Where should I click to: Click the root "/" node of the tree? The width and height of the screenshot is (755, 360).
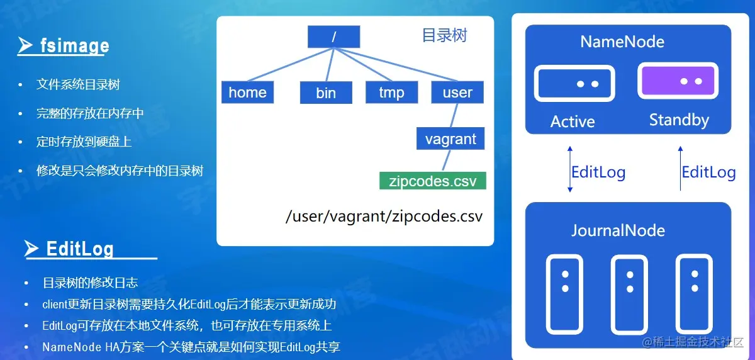[x=333, y=37]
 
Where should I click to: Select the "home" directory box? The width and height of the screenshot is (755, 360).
[x=248, y=93]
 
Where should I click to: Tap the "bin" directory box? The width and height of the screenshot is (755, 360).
[x=326, y=93]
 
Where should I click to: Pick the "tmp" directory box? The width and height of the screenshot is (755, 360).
[x=391, y=93]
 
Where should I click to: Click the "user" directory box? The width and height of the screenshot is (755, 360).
[x=457, y=93]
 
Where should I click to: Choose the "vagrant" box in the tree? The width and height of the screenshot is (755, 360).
[x=450, y=138]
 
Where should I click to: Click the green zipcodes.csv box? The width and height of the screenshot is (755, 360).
[x=433, y=181]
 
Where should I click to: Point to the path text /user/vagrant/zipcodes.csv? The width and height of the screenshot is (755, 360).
[x=384, y=217]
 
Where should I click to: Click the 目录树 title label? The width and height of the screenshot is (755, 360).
[x=444, y=35]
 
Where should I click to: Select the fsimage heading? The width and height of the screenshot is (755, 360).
[x=74, y=46]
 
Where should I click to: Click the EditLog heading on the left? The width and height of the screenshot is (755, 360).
[x=80, y=249]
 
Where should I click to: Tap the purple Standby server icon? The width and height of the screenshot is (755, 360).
[x=678, y=82]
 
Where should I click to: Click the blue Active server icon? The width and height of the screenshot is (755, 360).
[x=574, y=83]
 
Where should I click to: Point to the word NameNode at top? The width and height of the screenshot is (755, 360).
[x=622, y=42]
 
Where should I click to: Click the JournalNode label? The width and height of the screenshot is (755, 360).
[x=618, y=230]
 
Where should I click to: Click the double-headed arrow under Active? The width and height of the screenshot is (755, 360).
[x=570, y=169]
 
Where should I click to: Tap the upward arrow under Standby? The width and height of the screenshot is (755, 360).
[x=681, y=168]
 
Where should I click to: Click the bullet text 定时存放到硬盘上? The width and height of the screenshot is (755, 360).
[x=84, y=142]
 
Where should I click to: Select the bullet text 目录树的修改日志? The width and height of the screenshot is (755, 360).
[x=90, y=283]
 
